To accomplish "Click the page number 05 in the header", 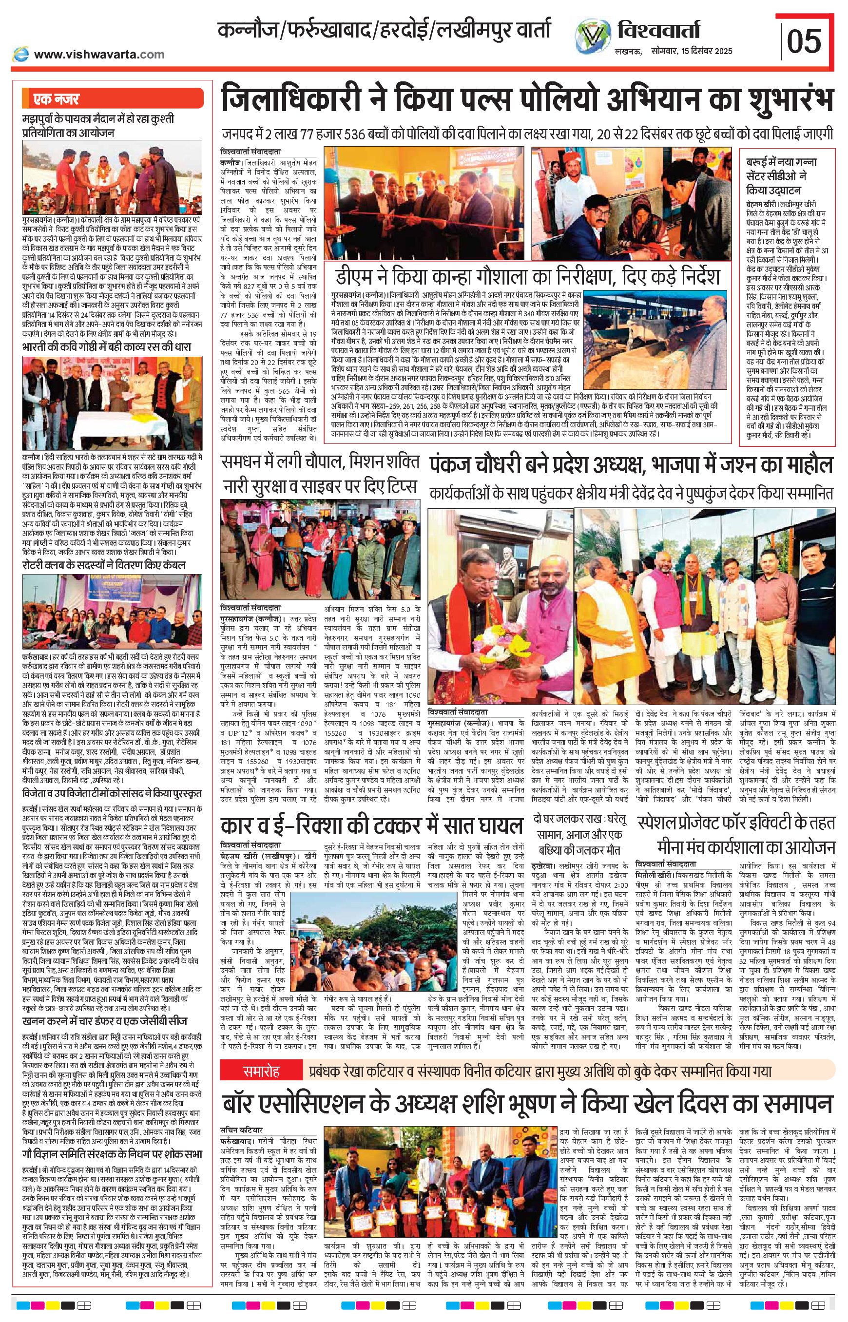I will point(805,42).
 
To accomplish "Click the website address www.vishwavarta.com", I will point(99,54).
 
